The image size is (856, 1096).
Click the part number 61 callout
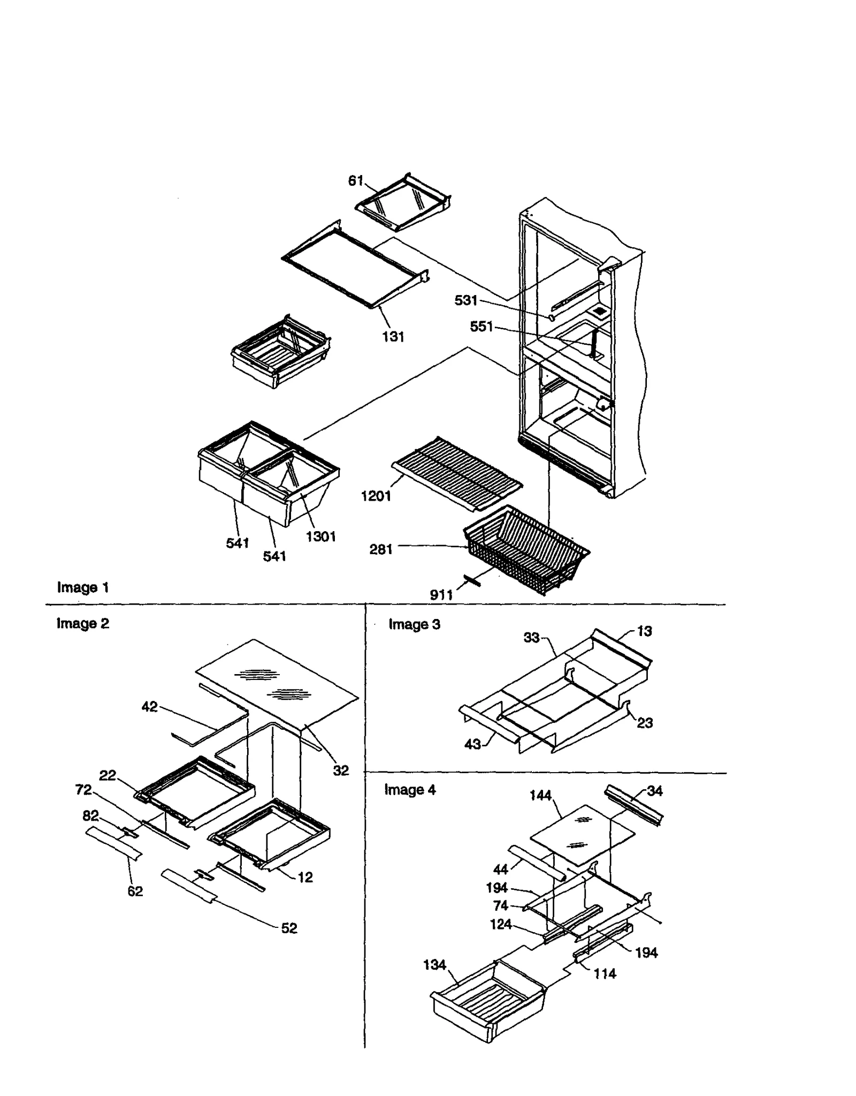[356, 181]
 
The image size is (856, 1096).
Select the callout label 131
[393, 337]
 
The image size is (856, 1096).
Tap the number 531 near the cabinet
[465, 300]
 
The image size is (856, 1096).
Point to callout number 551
[481, 326]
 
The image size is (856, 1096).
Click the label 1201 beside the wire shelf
[376, 496]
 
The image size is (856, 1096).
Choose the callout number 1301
[320, 536]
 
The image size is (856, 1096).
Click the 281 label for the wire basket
[381, 549]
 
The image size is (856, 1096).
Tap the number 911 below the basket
[441, 595]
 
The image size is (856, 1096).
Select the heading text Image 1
[83, 587]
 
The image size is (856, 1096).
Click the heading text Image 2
[83, 623]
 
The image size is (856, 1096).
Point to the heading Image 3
[414, 624]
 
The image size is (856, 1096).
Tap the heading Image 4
[410, 790]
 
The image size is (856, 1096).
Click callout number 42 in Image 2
[149, 707]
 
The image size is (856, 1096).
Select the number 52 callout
[289, 928]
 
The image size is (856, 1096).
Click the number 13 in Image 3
[644, 631]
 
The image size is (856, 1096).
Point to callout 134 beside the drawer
[434, 965]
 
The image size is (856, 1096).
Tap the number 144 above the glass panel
[540, 796]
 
